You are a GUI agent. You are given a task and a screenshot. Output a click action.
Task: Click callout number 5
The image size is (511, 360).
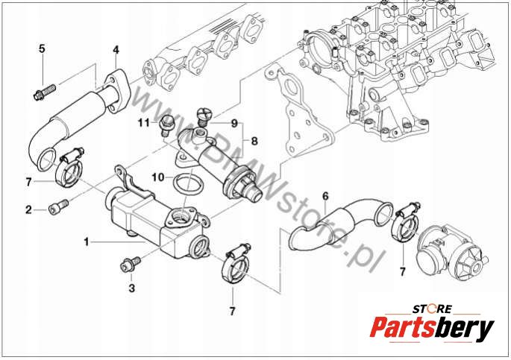tap(42, 49)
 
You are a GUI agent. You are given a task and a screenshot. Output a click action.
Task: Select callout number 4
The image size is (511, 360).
tap(116, 50)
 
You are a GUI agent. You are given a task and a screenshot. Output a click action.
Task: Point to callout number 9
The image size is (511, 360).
tap(233, 122)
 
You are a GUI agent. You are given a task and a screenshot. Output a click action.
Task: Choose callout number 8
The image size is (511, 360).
tap(254, 139)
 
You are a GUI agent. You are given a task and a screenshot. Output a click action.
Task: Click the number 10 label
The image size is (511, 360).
tap(156, 177)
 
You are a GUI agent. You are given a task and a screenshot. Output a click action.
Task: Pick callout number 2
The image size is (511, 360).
tap(29, 210)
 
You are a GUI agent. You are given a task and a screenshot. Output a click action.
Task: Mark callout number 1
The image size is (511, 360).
tap(87, 242)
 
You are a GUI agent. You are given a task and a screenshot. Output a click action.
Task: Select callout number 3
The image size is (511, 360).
tap(131, 287)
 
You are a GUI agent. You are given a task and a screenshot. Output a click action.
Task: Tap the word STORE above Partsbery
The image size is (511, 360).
tap(433, 306)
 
